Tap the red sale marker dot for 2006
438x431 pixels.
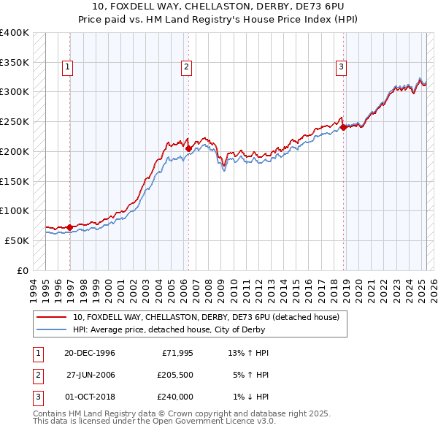[x=188, y=148]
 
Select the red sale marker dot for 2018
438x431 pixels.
[x=342, y=127]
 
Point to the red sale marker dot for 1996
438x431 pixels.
[x=70, y=227]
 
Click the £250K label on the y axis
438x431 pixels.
[x=15, y=121]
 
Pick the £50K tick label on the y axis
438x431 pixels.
[x=18, y=240]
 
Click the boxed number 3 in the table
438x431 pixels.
[x=36, y=397]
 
